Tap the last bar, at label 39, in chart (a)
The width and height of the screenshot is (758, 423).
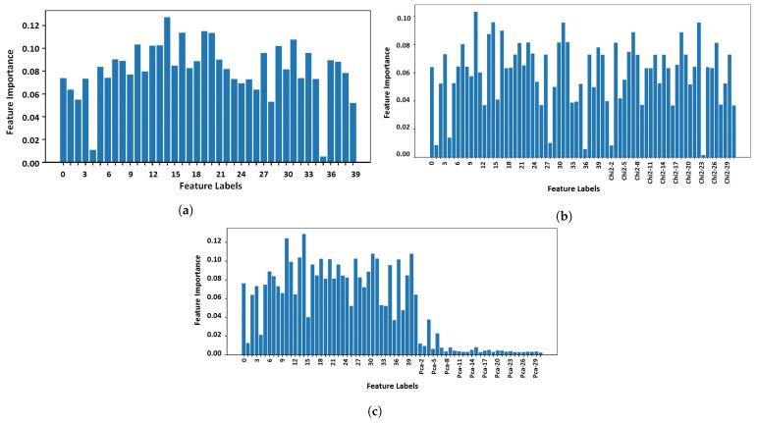352,132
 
